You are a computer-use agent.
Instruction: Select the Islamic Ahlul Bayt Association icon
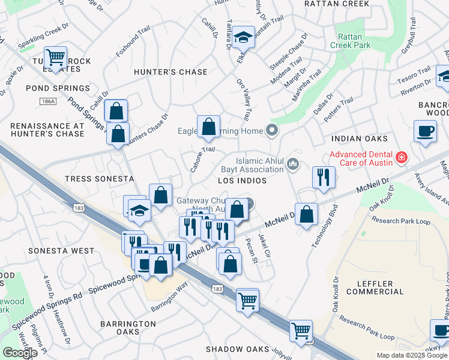click(x=293, y=163)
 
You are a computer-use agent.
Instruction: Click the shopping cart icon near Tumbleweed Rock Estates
click(x=55, y=58)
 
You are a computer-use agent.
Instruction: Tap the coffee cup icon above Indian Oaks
click(x=425, y=131)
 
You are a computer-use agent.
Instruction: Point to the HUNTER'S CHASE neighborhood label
click(x=171, y=72)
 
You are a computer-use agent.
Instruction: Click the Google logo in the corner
click(x=19, y=353)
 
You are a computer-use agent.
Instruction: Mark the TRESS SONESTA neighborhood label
click(x=91, y=179)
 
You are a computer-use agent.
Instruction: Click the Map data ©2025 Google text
click(x=412, y=355)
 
